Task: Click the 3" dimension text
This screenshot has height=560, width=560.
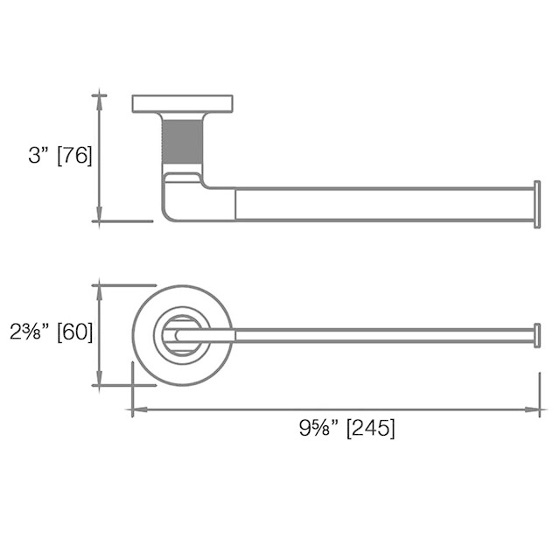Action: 40,156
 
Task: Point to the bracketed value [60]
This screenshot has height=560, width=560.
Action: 74,332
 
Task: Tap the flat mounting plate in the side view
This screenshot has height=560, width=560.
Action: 182,103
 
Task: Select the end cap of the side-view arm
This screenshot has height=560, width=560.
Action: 537,204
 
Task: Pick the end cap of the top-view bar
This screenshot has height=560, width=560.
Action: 537,335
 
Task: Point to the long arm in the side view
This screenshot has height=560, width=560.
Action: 385,204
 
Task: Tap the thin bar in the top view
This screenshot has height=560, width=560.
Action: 385,335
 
